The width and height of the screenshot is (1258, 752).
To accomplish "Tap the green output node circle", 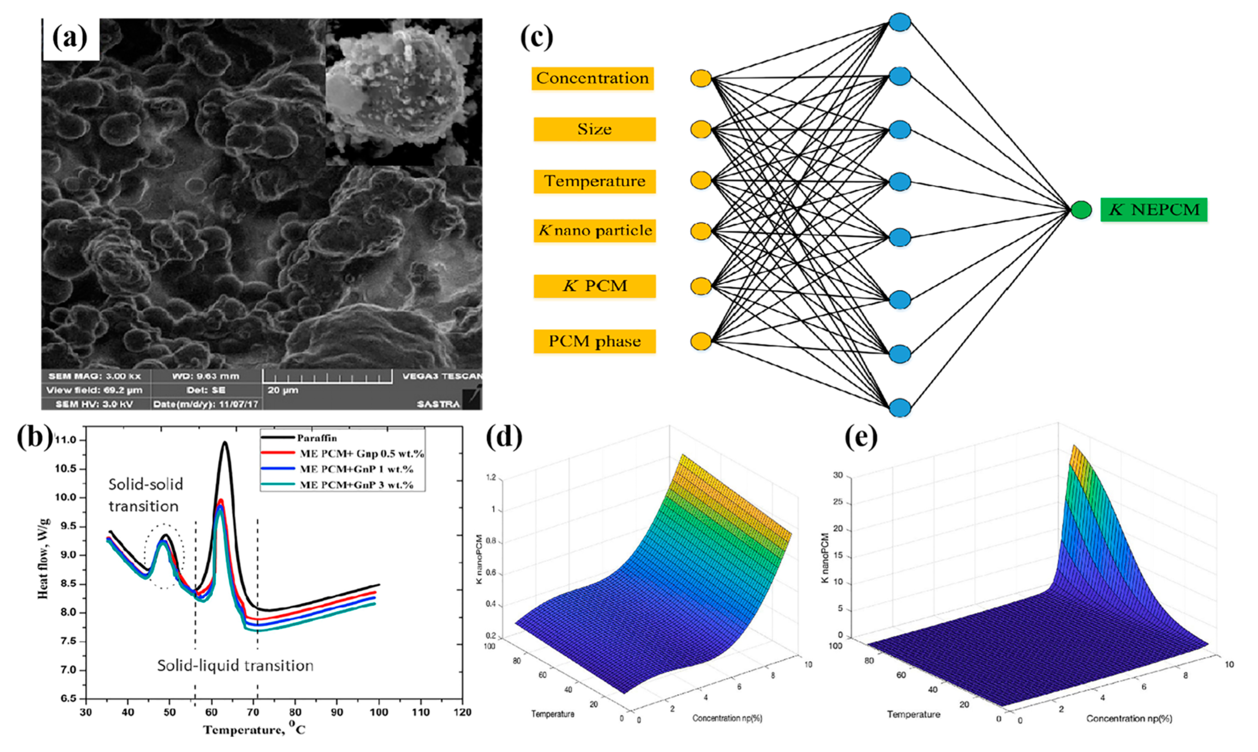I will click(x=1081, y=210).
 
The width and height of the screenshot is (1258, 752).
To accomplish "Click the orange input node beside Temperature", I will click(x=701, y=181).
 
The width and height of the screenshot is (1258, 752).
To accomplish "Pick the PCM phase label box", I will click(x=594, y=341).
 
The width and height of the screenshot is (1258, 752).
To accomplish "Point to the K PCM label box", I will click(x=594, y=286).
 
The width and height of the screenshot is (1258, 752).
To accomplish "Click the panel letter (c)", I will click(x=536, y=38).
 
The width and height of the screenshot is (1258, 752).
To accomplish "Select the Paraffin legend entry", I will click(x=317, y=438).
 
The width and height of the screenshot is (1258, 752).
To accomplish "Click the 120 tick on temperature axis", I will click(x=461, y=712).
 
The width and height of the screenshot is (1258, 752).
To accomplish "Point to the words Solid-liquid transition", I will click(x=235, y=665).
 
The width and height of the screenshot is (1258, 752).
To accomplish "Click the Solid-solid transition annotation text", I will click(x=145, y=495).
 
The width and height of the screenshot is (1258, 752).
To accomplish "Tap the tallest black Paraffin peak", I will click(x=224, y=443).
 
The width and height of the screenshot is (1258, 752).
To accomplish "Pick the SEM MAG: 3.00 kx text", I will click(x=94, y=376).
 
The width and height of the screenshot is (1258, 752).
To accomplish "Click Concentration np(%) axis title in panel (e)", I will click(x=1129, y=719).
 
